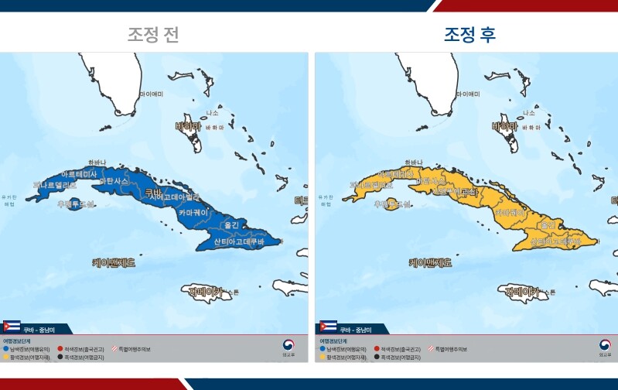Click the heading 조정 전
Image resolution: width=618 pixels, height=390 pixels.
pos(153,35)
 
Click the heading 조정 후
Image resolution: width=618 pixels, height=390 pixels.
pos(469,35)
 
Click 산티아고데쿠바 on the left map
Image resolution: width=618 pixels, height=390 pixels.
pos(239,242)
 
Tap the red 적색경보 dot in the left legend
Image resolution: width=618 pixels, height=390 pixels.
pos(60,350)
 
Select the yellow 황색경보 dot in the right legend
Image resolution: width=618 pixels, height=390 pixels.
pos(321,357)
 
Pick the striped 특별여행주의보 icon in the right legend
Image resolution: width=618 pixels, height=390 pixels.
pos(430,350)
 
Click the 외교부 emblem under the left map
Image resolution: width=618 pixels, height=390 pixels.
pos(289,345)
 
